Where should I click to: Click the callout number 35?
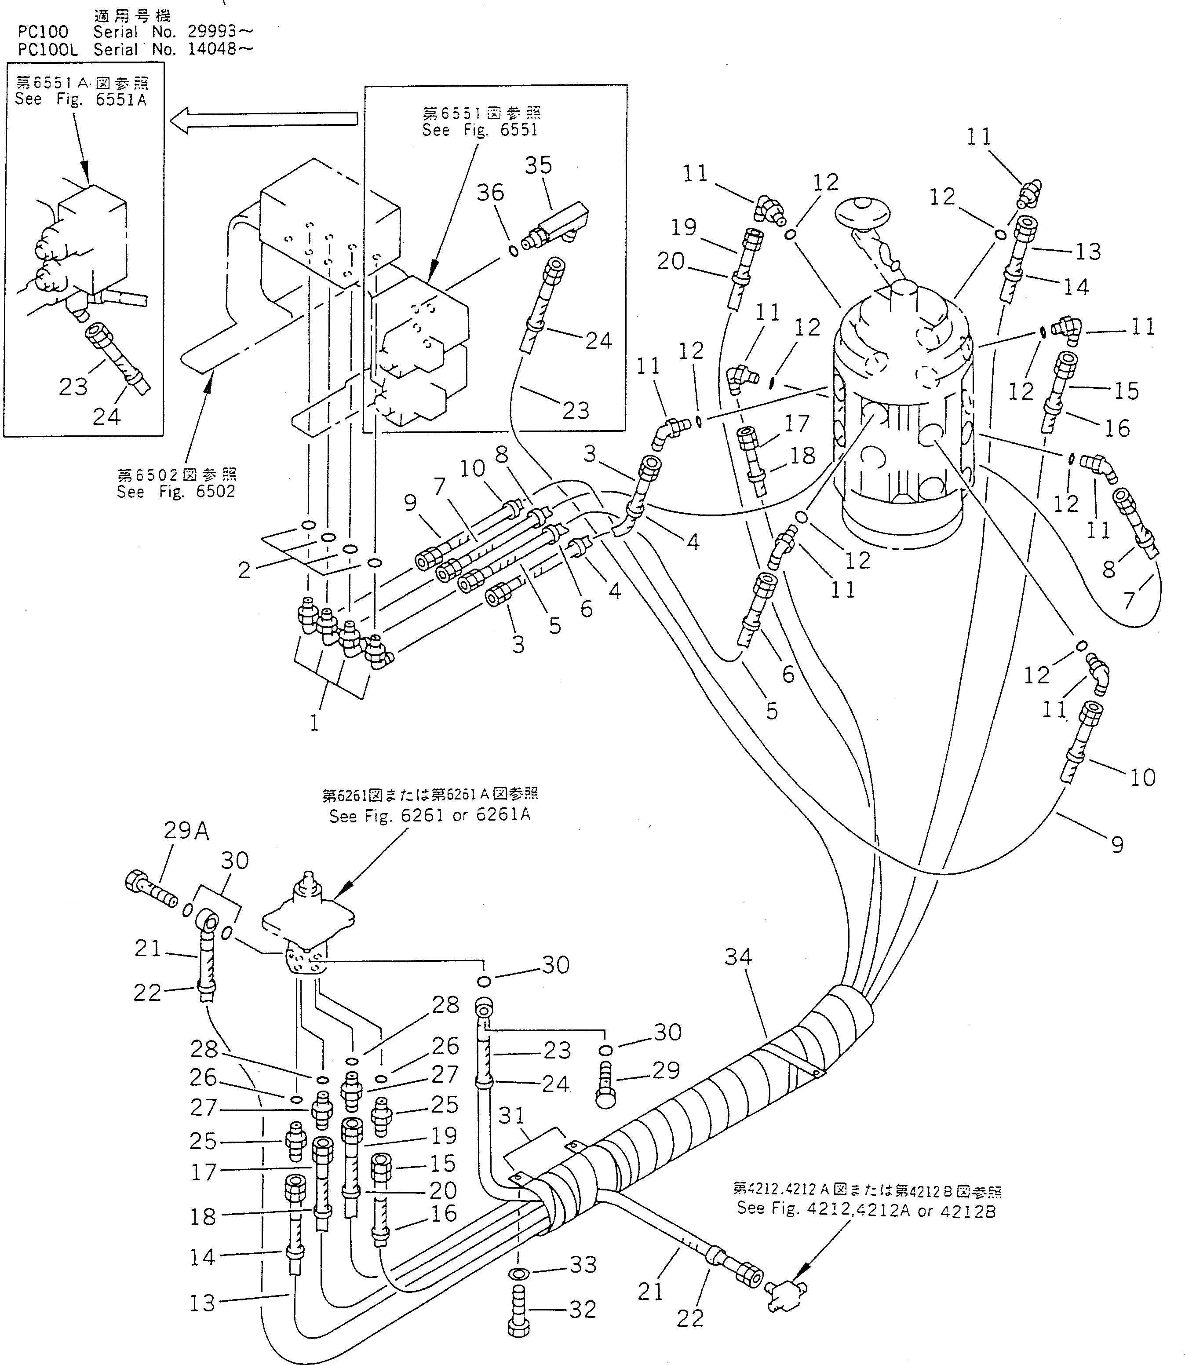coord(538,165)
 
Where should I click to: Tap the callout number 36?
coord(490,193)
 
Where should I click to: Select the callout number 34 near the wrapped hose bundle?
coord(738,956)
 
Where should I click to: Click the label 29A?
coord(186,831)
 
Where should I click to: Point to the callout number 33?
coord(583,1264)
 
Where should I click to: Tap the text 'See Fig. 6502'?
coord(176,491)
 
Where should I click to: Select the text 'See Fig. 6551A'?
coord(80,99)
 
